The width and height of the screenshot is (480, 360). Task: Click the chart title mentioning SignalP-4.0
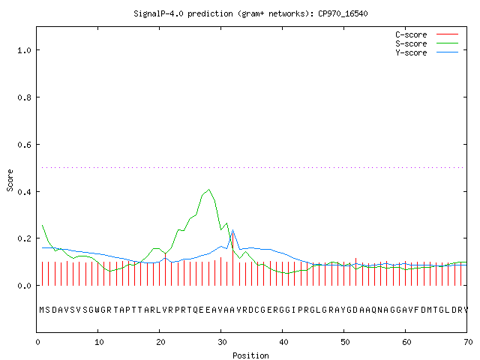(250, 13)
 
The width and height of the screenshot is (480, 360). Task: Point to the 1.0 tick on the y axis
(24, 50)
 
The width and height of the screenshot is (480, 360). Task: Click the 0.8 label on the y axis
(24, 97)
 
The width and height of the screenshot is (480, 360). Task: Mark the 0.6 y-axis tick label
(24, 145)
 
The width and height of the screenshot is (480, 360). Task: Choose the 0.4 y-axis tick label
(24, 192)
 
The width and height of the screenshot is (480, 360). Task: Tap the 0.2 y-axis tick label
(24, 238)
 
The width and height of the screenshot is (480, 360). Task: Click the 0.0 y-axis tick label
(24, 286)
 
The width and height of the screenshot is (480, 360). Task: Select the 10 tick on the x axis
(99, 342)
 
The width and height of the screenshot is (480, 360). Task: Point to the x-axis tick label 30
(222, 342)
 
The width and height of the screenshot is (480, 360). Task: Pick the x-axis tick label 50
(345, 342)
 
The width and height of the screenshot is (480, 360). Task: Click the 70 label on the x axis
(468, 342)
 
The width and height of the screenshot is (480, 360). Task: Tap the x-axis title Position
(250, 355)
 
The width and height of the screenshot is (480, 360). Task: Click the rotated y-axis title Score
(10, 180)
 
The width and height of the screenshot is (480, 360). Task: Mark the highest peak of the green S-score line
(208, 190)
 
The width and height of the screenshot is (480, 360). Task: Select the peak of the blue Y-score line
(233, 230)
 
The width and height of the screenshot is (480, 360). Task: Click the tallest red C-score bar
(233, 259)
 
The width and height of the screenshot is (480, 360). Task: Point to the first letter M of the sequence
(42, 310)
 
